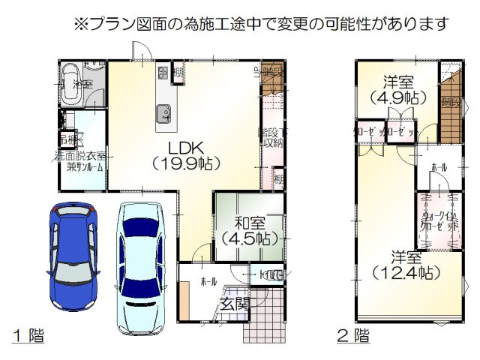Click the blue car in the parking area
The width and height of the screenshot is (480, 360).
coord(72,250)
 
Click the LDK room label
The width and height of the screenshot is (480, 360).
coord(184,146)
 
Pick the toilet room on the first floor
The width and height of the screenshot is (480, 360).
coord(271,275)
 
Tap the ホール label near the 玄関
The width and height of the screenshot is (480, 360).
coord(208,281)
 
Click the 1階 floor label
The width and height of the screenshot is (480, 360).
coord(28,335)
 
